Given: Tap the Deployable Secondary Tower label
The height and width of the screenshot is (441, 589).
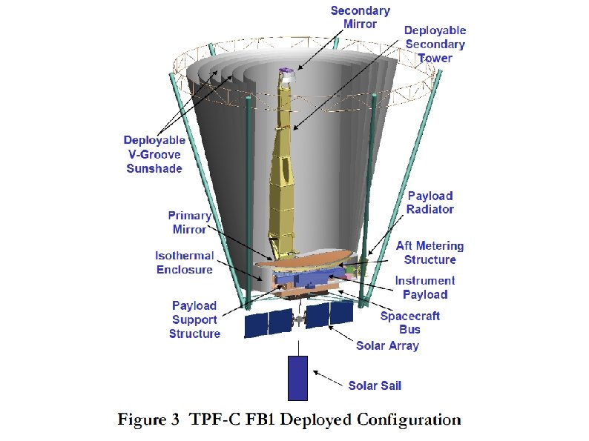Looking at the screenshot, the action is tap(435, 44).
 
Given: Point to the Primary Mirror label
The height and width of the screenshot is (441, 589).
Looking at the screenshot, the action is tap(189, 222).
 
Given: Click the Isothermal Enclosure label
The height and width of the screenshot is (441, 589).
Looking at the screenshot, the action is tap(184, 262).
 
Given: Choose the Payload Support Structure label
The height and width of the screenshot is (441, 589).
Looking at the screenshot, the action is tap(194, 319).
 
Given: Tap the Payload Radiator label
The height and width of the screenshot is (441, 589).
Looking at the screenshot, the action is tap(430, 202).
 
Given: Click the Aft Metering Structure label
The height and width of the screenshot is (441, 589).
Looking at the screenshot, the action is tap(430, 253).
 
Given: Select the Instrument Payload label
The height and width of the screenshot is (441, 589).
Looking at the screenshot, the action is tap(425, 288).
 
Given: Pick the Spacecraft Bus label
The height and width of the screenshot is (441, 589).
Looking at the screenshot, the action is tap(410, 322).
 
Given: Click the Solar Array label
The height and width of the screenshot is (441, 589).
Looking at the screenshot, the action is tap(387, 345).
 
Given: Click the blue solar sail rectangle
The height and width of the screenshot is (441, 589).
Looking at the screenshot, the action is tap(297, 377).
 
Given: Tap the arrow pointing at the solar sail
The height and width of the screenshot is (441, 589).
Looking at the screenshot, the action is tap(326, 378).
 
